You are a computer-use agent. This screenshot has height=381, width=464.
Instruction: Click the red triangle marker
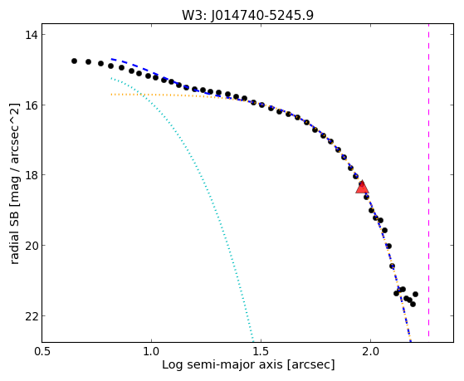click(x=362, y=187)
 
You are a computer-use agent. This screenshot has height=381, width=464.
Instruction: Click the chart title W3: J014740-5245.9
click(x=247, y=15)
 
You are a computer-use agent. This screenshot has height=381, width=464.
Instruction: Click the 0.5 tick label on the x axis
click(x=42, y=351)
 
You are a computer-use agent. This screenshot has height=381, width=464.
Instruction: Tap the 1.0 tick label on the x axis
click(x=151, y=351)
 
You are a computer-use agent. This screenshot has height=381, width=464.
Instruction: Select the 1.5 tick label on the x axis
click(x=261, y=351)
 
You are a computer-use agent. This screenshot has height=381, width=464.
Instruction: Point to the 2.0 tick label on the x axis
click(x=370, y=351)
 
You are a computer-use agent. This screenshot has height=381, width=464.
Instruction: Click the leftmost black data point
click(x=74, y=61)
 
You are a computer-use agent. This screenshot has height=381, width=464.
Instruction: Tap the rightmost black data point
click(x=415, y=294)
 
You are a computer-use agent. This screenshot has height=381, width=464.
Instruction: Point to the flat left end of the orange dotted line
click(x=112, y=95)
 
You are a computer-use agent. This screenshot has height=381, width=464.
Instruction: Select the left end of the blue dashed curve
click(x=112, y=59)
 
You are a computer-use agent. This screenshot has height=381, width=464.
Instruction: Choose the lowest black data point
click(x=413, y=304)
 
